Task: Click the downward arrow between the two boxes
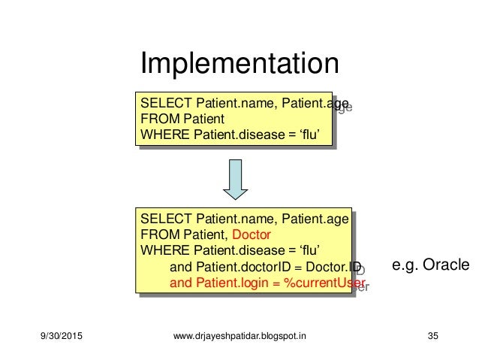(235, 179)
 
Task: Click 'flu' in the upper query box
(318, 135)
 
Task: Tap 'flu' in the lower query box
(318, 250)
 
